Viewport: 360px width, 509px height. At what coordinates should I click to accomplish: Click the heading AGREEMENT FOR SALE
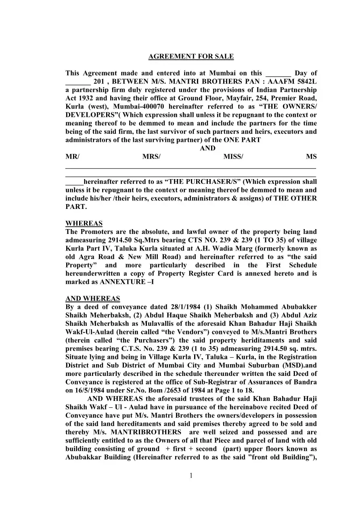click(x=191, y=56)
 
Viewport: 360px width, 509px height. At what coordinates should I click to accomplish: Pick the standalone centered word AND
click(x=207, y=148)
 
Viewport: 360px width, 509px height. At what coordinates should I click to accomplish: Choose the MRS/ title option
click(x=151, y=157)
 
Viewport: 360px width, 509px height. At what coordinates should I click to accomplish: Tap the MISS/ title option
click(x=233, y=157)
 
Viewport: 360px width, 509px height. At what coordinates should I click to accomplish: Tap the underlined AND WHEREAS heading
click(x=92, y=299)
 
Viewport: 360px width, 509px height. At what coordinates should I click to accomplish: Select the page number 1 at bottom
click(x=191, y=476)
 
